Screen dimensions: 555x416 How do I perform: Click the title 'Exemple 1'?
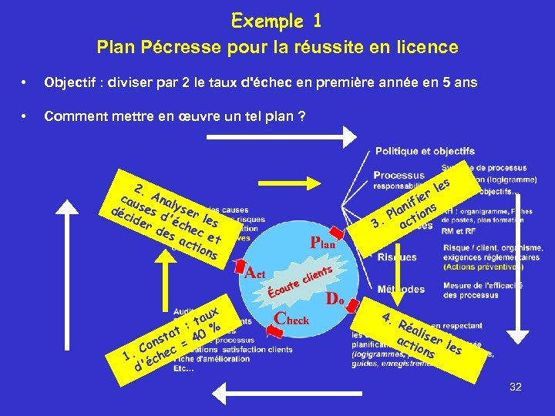277,20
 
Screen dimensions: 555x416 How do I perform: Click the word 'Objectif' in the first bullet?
69,82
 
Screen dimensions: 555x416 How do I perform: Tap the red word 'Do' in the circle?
335,297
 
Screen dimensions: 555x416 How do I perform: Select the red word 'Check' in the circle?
292,318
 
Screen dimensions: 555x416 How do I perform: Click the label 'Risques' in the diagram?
397,257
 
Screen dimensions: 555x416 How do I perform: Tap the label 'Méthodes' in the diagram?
401,290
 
